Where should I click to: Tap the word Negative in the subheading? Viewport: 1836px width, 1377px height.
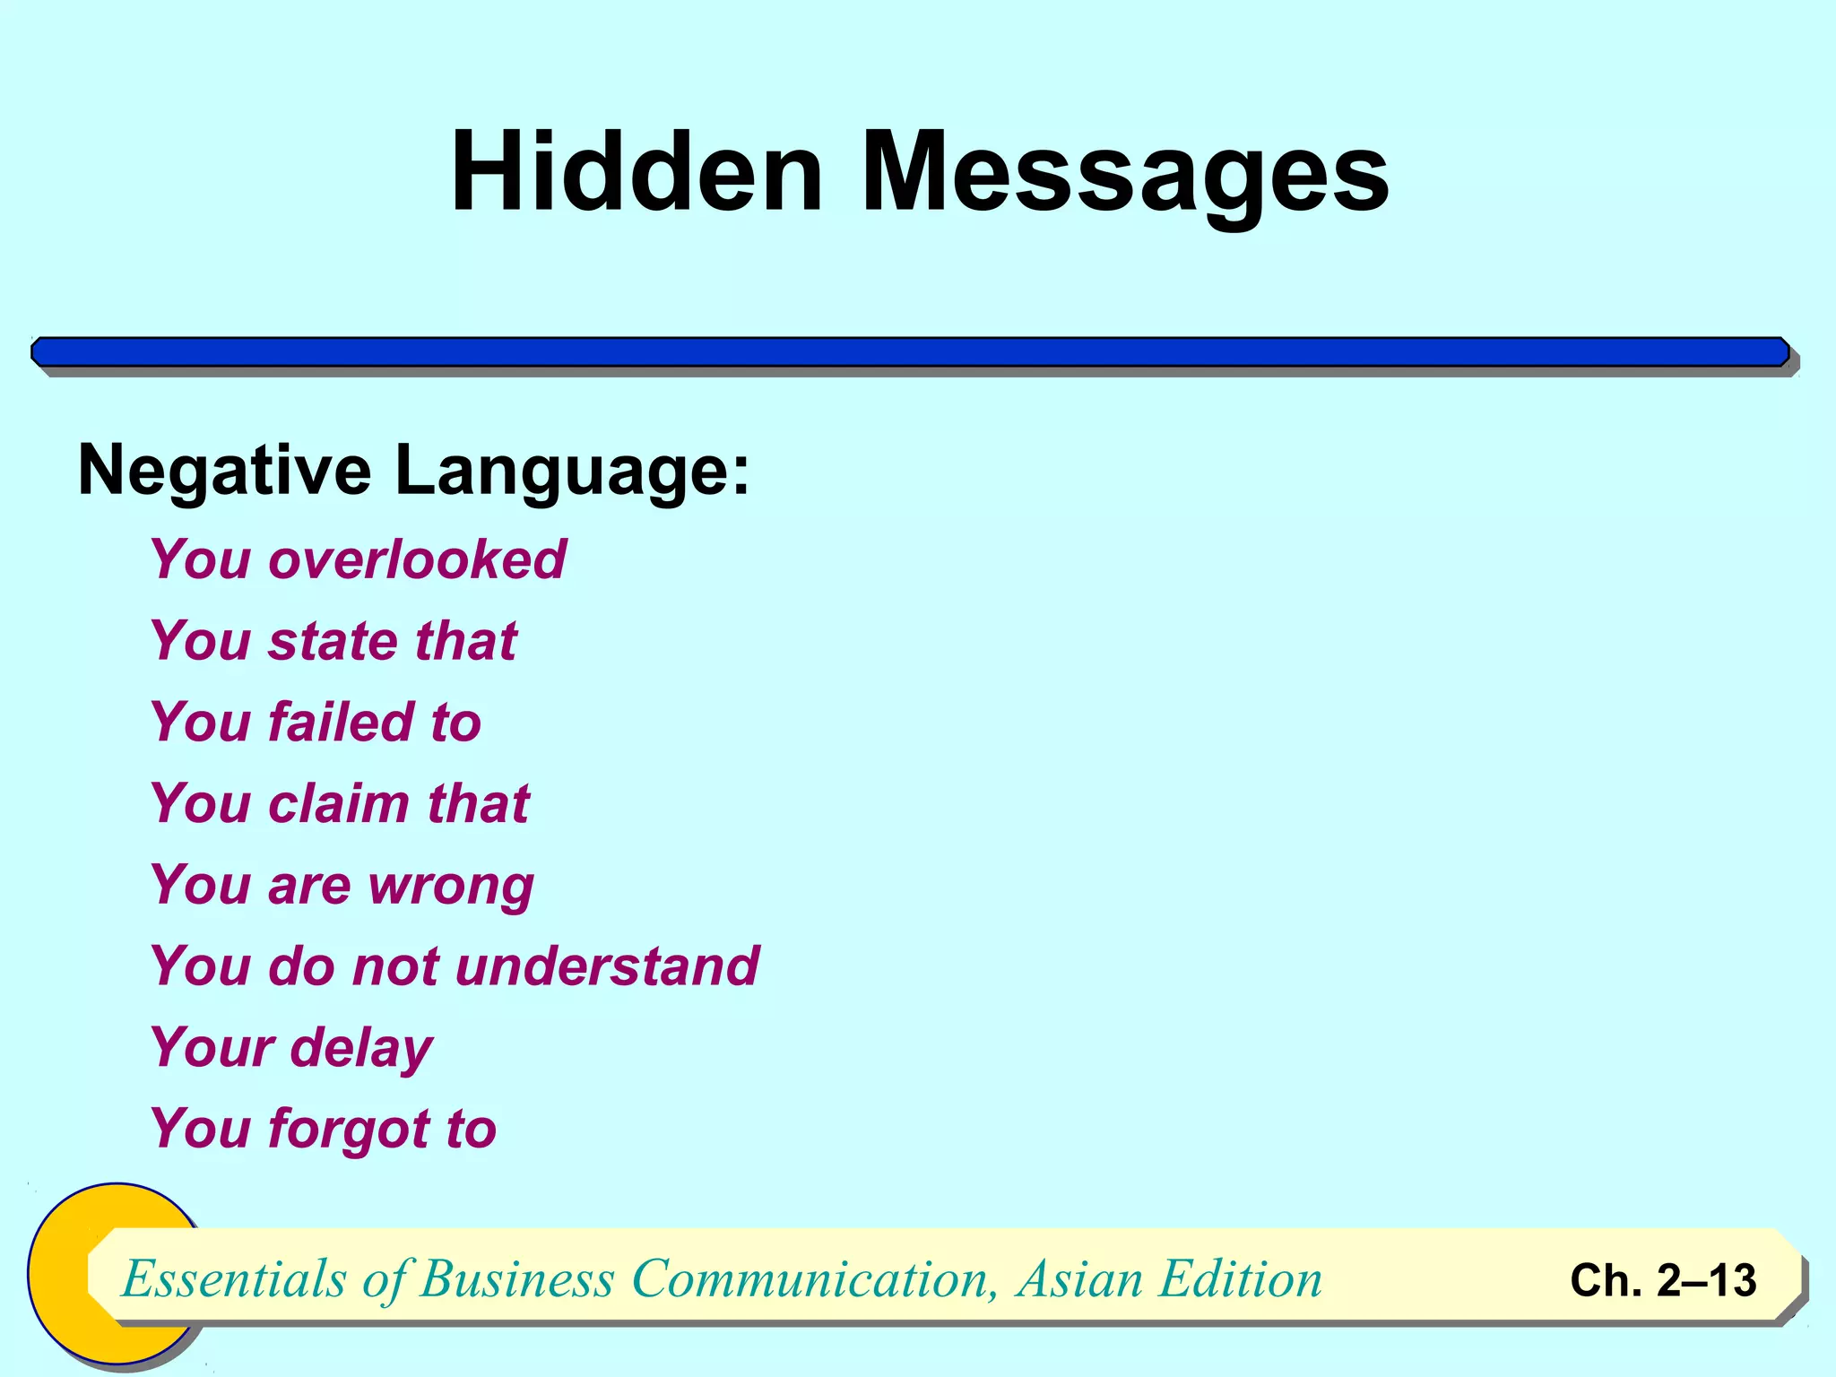click(224, 471)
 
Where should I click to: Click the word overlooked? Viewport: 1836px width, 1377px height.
click(417, 559)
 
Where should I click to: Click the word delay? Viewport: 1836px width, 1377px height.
click(361, 1049)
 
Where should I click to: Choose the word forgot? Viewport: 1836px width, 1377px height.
click(349, 1130)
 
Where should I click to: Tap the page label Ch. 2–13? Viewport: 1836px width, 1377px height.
click(1663, 1280)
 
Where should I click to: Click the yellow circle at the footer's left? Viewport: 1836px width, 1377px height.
click(58, 1273)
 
